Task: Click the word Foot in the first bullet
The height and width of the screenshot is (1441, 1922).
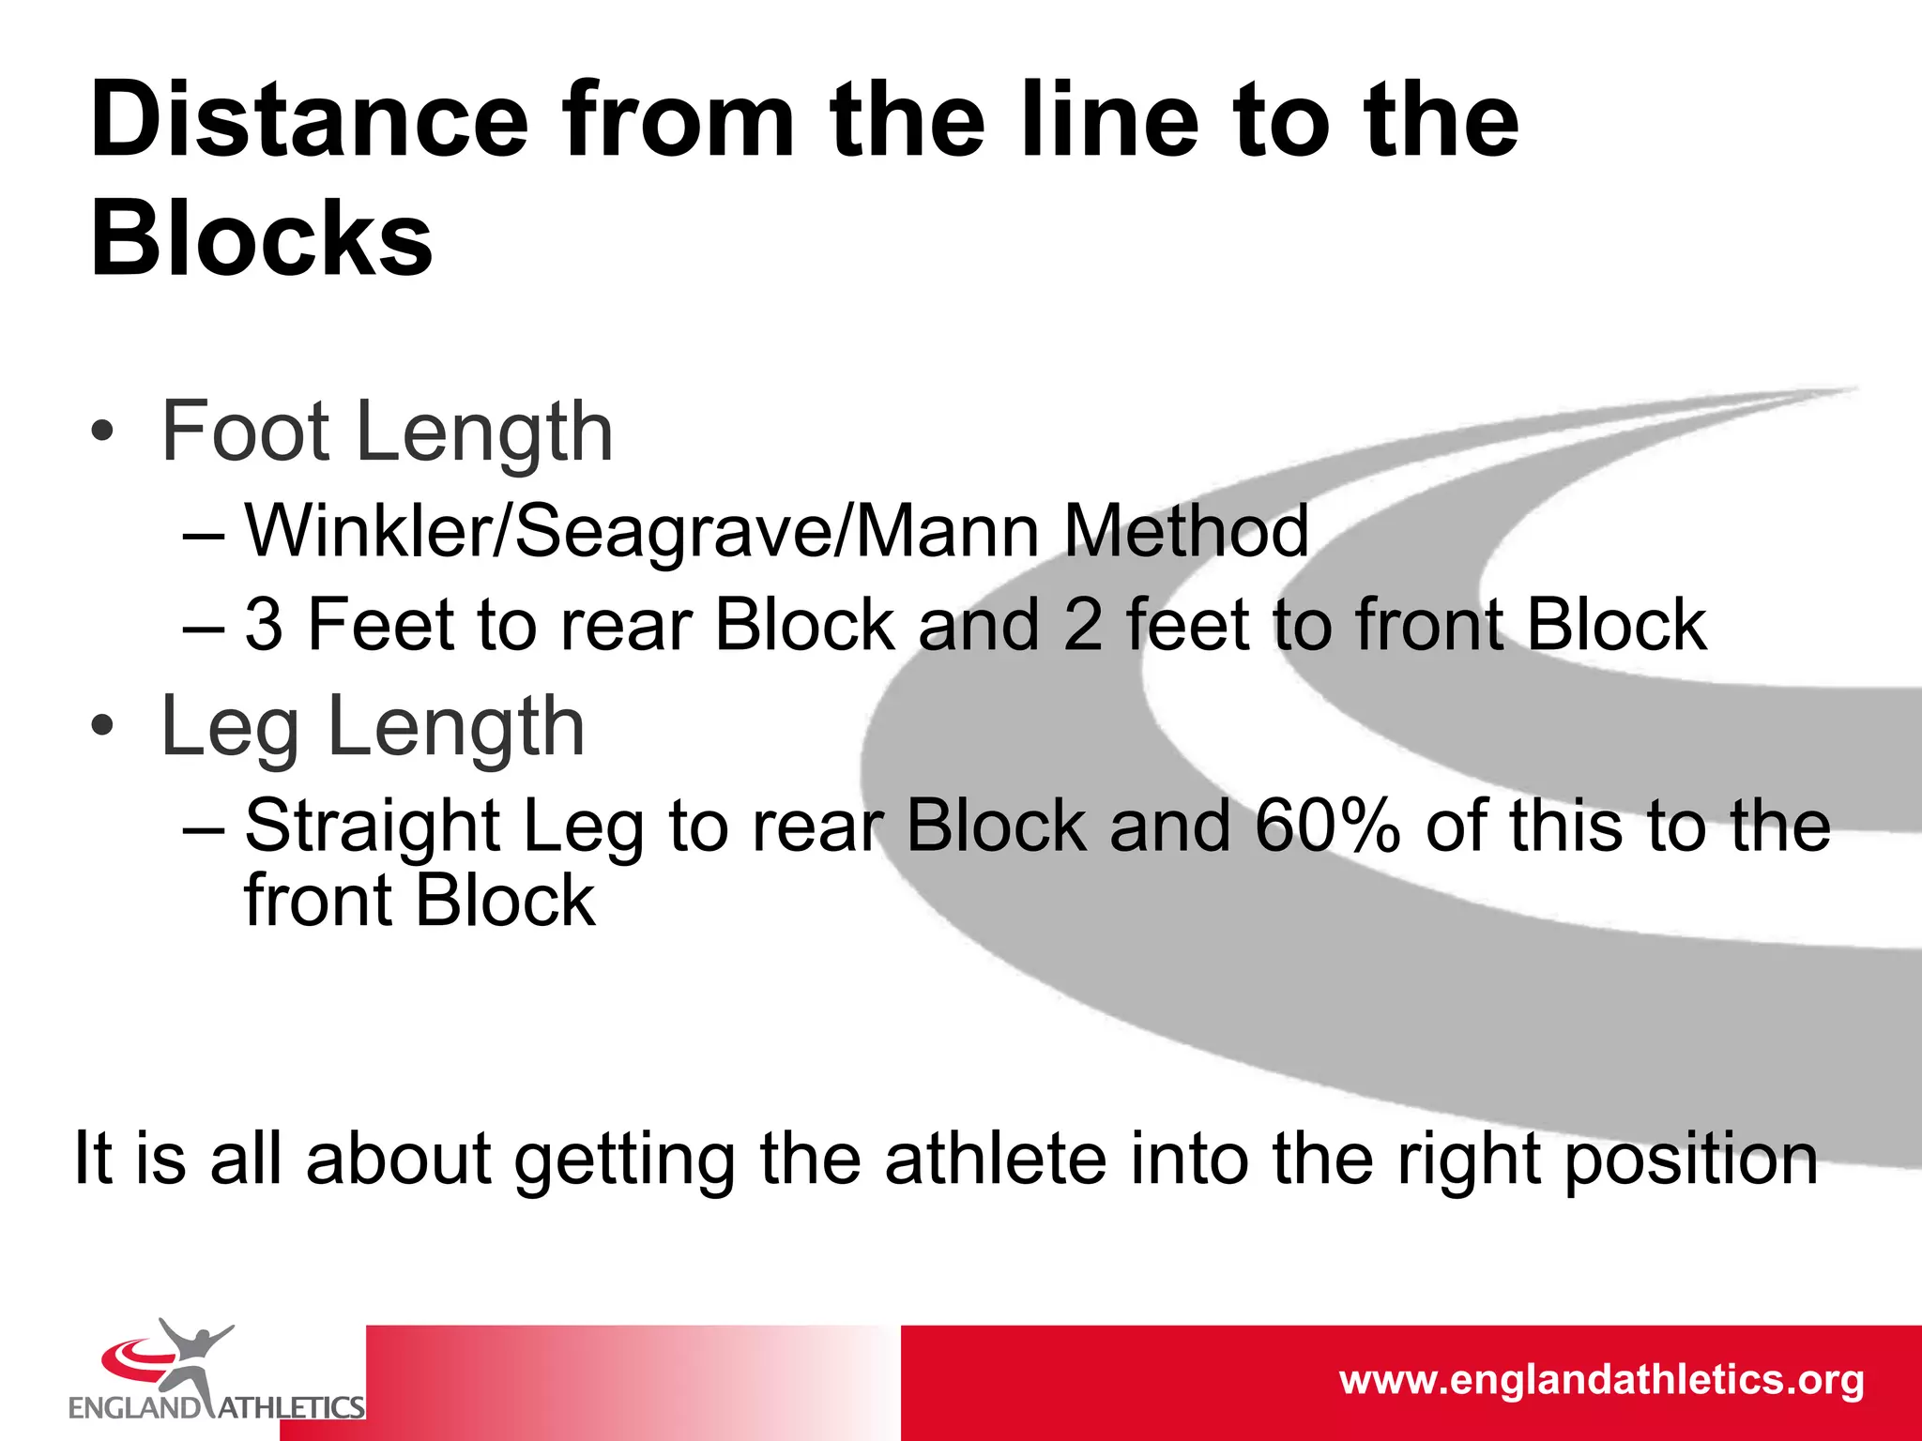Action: tap(246, 432)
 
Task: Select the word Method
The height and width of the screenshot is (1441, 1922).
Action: tap(1186, 531)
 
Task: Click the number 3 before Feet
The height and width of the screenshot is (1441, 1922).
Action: tap(264, 626)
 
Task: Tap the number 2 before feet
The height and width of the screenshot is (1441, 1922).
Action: tap(1083, 626)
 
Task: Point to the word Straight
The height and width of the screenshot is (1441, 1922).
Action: tap(373, 827)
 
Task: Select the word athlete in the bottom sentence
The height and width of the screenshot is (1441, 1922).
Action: tap(996, 1160)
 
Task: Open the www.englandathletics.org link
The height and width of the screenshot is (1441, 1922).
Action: tap(1601, 1380)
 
